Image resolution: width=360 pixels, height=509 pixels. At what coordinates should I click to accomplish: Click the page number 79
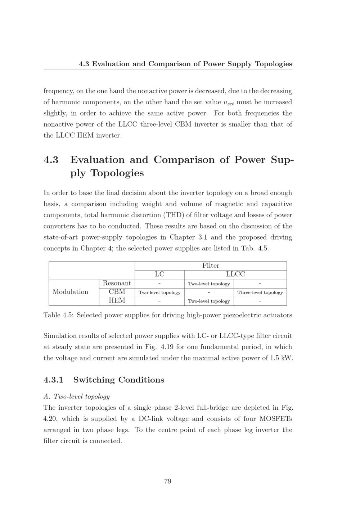pyautogui.click(x=167, y=481)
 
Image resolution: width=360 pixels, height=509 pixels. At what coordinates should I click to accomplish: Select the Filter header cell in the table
pyautogui.click(x=211, y=265)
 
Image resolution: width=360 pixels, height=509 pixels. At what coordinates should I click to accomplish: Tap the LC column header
pyautogui.click(x=159, y=274)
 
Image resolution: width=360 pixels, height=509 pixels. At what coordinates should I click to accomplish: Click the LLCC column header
pyautogui.click(x=235, y=274)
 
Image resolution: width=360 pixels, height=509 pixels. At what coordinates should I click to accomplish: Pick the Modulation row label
pyautogui.click(x=71, y=292)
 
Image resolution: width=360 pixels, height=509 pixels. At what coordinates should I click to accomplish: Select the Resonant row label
pyautogui.click(x=117, y=283)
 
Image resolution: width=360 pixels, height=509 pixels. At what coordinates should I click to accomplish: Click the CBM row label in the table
pyautogui.click(x=117, y=292)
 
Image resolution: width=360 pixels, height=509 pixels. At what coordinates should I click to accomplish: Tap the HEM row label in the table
pyautogui.click(x=117, y=300)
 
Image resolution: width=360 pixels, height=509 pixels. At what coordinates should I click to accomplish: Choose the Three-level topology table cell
pyautogui.click(x=260, y=292)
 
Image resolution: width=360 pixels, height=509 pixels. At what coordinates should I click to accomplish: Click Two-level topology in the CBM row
pyautogui.click(x=159, y=292)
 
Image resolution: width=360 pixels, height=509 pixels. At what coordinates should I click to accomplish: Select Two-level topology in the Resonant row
pyautogui.click(x=209, y=284)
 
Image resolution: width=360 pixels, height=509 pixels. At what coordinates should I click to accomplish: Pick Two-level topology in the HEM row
pyautogui.click(x=209, y=301)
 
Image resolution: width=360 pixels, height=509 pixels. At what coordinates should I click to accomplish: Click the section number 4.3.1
pyautogui.click(x=53, y=380)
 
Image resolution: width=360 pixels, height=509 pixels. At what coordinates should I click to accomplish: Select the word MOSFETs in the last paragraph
pyautogui.click(x=275, y=419)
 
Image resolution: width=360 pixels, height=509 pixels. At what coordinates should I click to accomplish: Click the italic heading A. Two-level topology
pyautogui.click(x=76, y=396)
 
